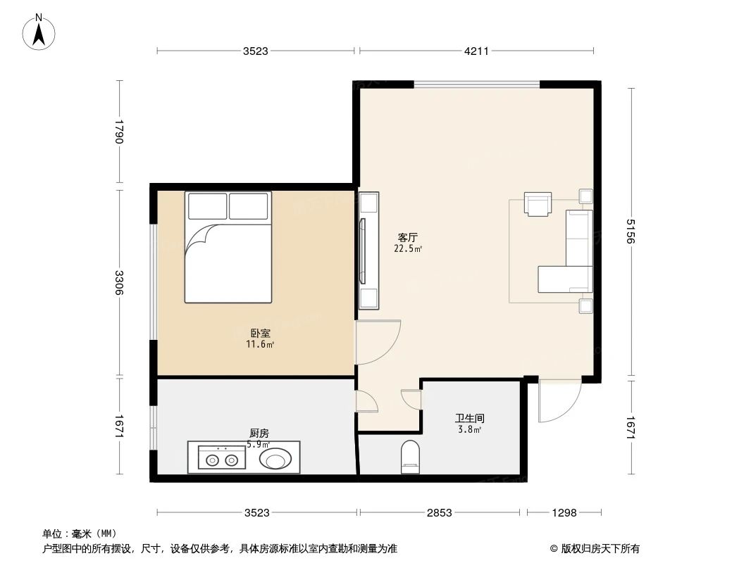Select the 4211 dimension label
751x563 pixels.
pyautogui.click(x=476, y=51)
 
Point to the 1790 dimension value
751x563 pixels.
pyautogui.click(x=120, y=132)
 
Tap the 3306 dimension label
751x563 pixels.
pyautogui.click(x=120, y=283)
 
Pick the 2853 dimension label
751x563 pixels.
pyautogui.click(x=439, y=513)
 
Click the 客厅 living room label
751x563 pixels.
pyautogui.click(x=408, y=238)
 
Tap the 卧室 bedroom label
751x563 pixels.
pyautogui.click(x=260, y=333)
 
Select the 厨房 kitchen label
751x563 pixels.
pyautogui.click(x=259, y=434)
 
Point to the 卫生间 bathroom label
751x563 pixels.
pyautogui.click(x=469, y=418)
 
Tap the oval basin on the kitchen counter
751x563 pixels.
pyautogui.click(x=275, y=459)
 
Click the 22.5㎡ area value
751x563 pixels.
pyautogui.click(x=408, y=249)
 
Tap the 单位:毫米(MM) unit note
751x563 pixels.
pyautogui.click(x=80, y=534)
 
